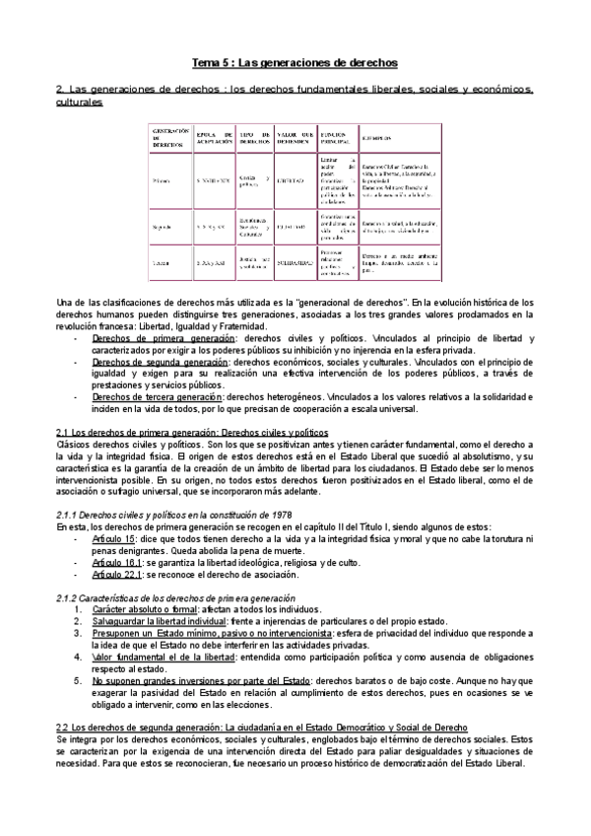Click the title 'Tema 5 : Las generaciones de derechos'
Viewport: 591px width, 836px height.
pyautogui.click(x=295, y=62)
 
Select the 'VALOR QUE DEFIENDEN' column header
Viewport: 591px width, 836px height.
pyautogui.click(x=295, y=137)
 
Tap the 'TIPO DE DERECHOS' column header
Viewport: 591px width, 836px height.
pyautogui.click(x=255, y=137)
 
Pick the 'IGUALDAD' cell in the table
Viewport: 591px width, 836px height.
pyautogui.click(x=291, y=225)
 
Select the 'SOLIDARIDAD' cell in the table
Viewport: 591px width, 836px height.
pyautogui.click(x=293, y=263)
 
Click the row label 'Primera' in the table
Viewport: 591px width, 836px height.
pyautogui.click(x=165, y=181)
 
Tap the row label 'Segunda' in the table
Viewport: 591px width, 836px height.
pyautogui.click(x=166, y=225)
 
